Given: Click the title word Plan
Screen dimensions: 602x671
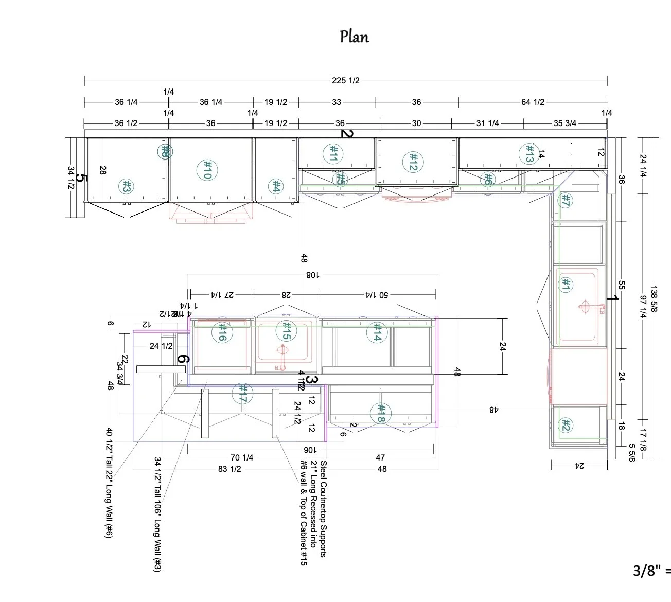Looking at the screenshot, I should pos(354,37).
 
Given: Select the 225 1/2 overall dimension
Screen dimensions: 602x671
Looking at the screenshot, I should pos(345,80).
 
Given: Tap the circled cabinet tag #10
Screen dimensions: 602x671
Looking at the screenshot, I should pos(207,169).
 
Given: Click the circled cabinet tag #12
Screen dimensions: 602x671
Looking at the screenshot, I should pos(413,162).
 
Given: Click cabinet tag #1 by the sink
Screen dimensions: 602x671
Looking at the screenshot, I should pos(566,285).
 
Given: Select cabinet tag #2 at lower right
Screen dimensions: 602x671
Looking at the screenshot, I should pos(566,426).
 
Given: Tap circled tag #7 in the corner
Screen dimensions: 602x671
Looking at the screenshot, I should pos(564,200).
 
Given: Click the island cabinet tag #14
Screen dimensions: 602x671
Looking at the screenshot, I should pos(377,332).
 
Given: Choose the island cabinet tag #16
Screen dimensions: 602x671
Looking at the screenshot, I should pos(222,332).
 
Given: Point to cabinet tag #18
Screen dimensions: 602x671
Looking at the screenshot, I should pos(381,412).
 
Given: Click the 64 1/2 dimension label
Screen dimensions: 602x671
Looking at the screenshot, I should pos(533,102).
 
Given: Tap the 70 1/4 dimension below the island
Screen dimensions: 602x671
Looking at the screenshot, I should pos(242,457).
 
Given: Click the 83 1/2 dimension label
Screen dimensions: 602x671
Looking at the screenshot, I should pos(229,469).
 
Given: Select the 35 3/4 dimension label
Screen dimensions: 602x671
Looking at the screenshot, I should pos(564,123).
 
